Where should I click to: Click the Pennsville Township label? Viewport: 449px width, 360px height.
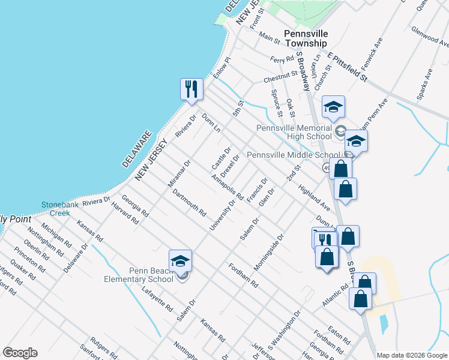tap(306, 38)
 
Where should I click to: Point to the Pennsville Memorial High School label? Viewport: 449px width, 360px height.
tap(294, 132)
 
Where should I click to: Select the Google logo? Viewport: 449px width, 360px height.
tap(20, 353)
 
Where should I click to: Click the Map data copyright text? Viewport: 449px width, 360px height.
tap(412, 355)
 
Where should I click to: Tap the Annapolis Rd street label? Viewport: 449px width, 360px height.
tap(228, 187)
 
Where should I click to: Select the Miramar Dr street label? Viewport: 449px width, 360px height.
tap(179, 173)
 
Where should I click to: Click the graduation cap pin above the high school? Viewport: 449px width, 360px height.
tap(333, 107)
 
